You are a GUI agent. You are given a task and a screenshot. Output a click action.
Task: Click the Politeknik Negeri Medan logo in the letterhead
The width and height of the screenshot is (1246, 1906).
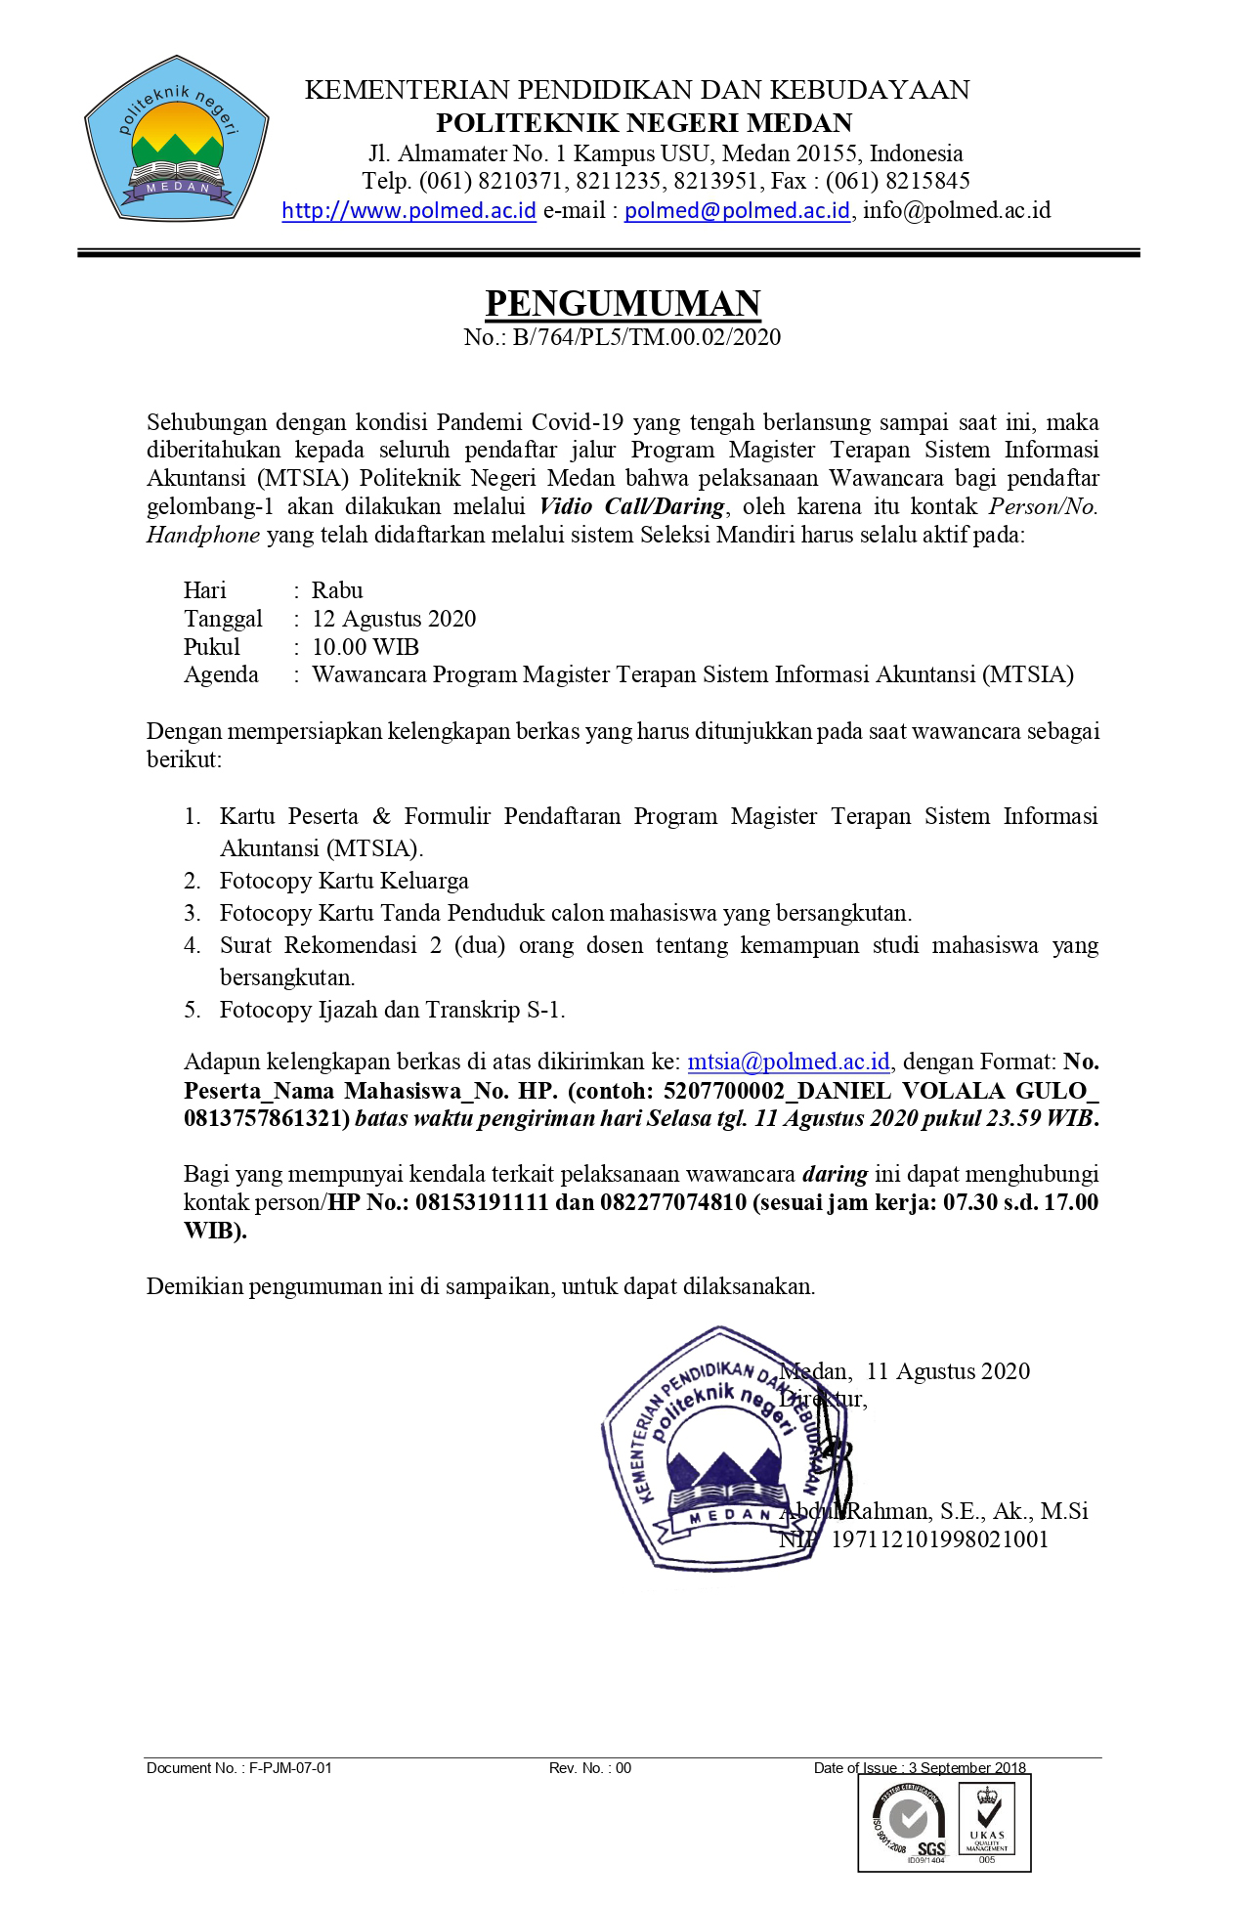[176, 139]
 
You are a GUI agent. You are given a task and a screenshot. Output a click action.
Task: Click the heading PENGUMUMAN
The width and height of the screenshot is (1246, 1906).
[623, 304]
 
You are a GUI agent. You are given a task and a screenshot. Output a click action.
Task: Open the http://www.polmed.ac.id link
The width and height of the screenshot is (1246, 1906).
[408, 210]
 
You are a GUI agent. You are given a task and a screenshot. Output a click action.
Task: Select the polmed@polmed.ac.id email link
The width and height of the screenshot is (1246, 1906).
[737, 210]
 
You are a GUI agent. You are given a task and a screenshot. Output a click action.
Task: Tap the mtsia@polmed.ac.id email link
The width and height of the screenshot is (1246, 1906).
[789, 1061]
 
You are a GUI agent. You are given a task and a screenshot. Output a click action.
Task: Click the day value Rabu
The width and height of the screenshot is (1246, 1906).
[337, 590]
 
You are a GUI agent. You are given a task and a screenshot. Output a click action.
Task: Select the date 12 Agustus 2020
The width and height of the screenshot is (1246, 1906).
[394, 619]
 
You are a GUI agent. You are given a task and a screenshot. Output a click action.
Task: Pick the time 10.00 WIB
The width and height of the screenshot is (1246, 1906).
[365, 647]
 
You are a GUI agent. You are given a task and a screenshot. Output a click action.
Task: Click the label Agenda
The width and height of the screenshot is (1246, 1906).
[221, 674]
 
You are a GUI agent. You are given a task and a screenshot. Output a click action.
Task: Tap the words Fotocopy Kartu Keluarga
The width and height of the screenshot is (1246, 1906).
[344, 881]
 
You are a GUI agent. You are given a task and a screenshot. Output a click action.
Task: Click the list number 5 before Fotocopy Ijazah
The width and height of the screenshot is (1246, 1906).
[192, 1010]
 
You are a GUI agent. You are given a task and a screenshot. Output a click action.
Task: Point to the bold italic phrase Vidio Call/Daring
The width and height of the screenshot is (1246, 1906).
[632, 506]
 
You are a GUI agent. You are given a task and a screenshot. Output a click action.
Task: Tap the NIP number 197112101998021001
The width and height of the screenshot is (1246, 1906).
[939, 1539]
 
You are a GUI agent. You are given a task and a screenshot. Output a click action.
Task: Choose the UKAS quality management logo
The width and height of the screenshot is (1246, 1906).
[987, 1821]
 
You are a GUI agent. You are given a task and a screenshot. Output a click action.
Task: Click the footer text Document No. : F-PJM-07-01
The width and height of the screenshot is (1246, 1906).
[239, 1768]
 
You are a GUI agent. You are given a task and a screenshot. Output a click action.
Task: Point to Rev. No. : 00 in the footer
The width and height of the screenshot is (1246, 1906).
[590, 1768]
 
